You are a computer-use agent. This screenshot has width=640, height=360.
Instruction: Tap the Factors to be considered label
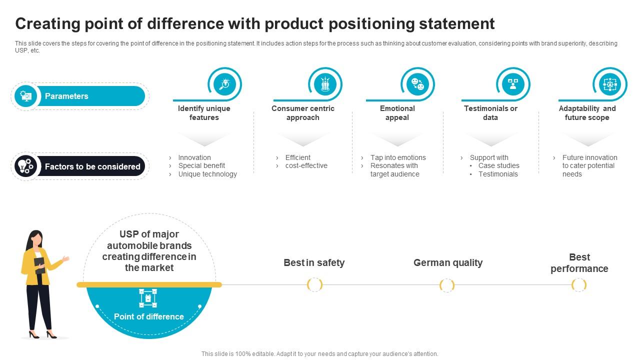(x=92, y=166)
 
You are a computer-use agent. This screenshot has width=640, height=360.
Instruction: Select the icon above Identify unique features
(x=224, y=83)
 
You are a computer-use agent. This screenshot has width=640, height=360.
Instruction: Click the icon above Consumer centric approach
(x=325, y=83)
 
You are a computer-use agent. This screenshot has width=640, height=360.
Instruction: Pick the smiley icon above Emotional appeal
(x=417, y=83)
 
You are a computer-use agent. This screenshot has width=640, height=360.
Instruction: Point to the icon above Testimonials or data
(x=512, y=83)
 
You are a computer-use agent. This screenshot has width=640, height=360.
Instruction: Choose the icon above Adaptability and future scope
(x=609, y=83)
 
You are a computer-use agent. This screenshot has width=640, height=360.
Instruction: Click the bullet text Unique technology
(x=207, y=174)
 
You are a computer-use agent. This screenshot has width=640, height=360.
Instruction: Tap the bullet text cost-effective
(x=306, y=165)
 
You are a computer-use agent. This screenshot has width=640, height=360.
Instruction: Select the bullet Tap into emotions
(x=398, y=157)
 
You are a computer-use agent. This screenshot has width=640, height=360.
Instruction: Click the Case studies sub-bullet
(x=498, y=165)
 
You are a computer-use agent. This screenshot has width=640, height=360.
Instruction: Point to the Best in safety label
(x=314, y=262)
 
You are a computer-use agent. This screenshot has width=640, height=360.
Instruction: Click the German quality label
(x=448, y=262)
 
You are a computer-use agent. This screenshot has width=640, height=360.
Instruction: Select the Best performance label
(x=579, y=263)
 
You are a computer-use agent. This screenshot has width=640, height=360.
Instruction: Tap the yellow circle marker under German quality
(x=447, y=285)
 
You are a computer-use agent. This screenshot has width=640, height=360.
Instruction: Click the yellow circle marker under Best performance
(x=579, y=285)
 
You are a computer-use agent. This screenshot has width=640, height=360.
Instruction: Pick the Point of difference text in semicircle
(x=149, y=316)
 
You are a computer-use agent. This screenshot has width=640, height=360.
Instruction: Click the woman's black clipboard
(x=39, y=265)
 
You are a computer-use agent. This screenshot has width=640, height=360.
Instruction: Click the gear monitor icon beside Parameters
(x=26, y=95)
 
